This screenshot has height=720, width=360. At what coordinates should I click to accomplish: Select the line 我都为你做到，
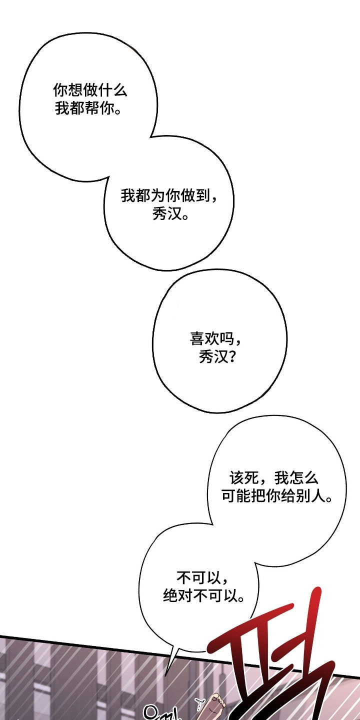(169, 196)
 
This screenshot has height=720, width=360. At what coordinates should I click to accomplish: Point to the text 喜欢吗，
(216, 339)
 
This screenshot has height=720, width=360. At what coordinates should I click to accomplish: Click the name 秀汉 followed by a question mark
(210, 357)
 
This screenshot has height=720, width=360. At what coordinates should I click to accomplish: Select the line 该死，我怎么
(273, 478)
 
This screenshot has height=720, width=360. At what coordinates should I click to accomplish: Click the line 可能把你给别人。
(276, 497)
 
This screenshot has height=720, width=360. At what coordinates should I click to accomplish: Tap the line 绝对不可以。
(204, 596)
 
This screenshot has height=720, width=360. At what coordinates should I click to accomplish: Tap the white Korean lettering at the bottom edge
(160, 712)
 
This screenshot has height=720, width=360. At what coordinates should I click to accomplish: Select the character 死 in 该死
(251, 478)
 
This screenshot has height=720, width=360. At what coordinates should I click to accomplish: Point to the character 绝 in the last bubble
(170, 596)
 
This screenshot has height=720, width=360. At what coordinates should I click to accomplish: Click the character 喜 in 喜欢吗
(196, 339)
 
